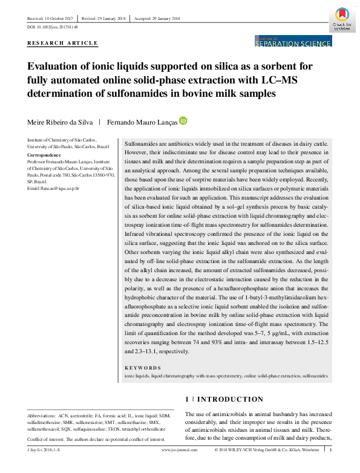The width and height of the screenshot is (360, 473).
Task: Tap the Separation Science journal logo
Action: (293, 41)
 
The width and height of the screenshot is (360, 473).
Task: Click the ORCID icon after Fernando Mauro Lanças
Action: (183, 121)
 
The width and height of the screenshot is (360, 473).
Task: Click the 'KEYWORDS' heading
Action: (143, 368)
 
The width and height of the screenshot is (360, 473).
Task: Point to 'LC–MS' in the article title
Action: (306, 80)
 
